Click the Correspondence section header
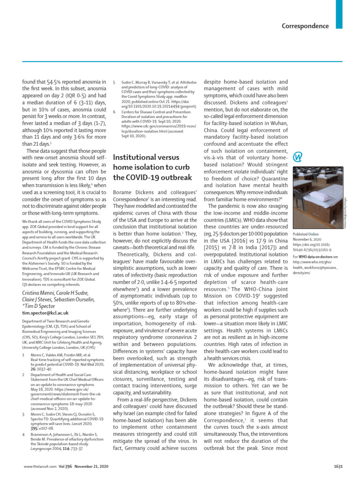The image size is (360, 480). point(305,26)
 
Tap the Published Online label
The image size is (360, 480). point(306,233)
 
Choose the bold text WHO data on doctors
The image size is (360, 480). point(312,257)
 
